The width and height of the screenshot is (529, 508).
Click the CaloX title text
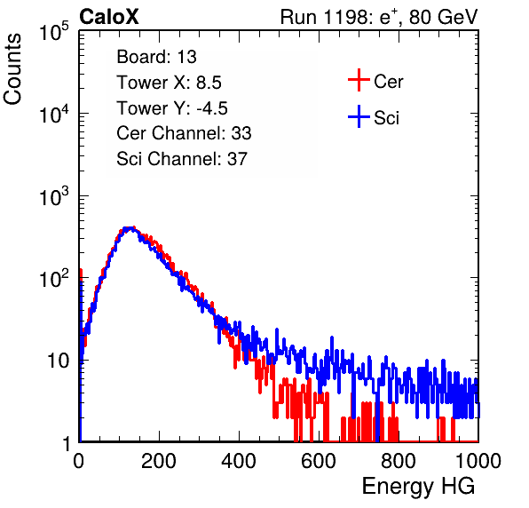108,16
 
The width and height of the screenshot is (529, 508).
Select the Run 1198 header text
379,17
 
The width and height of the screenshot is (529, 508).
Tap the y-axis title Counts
12,69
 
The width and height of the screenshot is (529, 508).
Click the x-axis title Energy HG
418,487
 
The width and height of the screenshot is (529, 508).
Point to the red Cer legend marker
359,80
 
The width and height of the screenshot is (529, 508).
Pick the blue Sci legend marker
359,116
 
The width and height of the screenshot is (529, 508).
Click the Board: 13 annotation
156,56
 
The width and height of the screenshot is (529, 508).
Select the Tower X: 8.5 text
169,82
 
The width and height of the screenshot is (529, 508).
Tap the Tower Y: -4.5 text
172,107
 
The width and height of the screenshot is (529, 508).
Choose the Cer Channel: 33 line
184,133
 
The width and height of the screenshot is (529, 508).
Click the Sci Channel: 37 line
182,159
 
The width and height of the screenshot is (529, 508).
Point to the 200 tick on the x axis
159,461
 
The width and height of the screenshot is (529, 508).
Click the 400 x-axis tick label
239,461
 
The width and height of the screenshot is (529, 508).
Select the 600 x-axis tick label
319,461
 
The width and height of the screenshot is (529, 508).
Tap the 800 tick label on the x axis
399,461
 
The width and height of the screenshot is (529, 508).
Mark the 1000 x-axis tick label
478,461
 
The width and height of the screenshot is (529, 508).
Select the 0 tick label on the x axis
79,461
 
